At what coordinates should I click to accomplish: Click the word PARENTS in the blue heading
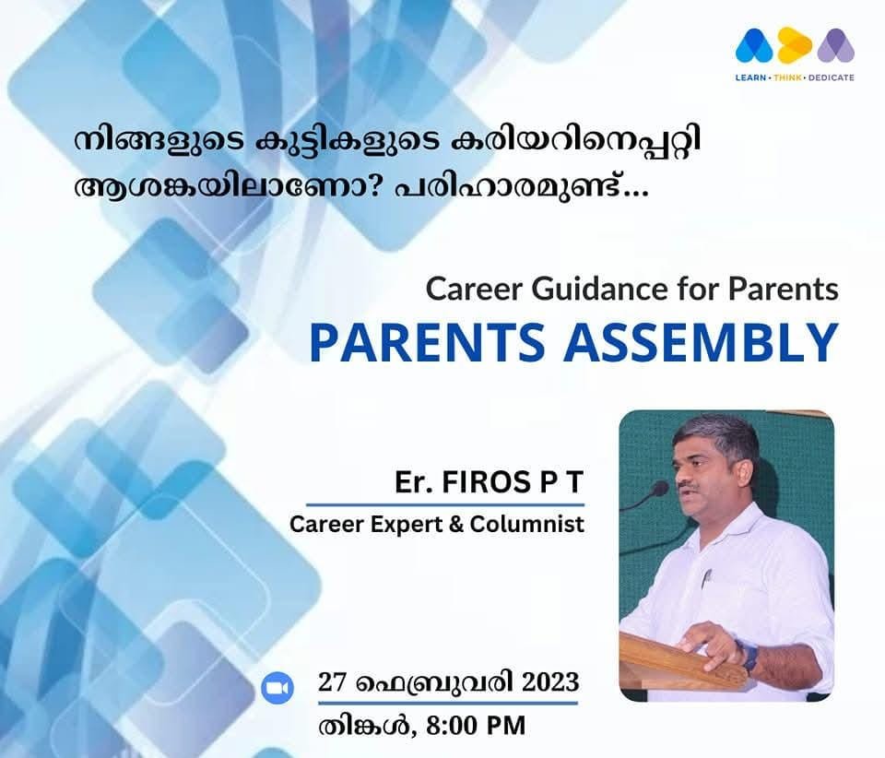[427, 342]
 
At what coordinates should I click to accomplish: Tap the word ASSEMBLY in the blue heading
[701, 342]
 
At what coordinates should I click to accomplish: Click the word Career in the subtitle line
[475, 289]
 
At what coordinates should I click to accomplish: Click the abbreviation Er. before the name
[414, 482]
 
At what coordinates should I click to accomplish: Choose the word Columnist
[527, 525]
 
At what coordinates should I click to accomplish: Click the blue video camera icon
[277, 688]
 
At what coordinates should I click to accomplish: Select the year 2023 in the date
[550, 681]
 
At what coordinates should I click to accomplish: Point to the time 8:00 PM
[476, 726]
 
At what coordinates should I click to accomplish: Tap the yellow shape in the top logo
[795, 45]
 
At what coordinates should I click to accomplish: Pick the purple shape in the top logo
[836, 45]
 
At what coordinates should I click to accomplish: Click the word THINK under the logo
[787, 77]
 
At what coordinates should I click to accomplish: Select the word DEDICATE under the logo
[832, 77]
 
